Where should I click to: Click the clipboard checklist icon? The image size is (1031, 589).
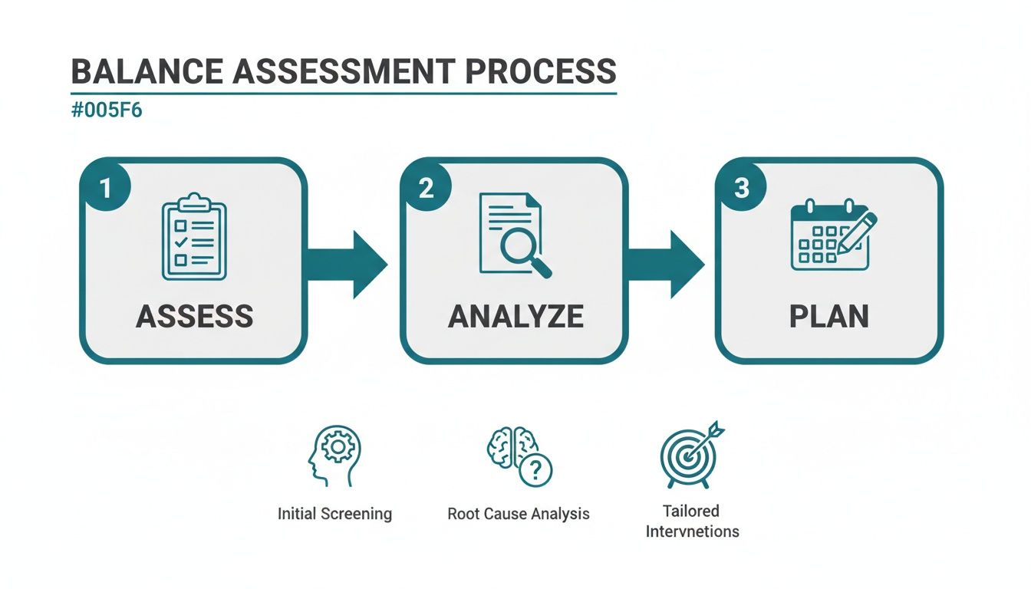194,238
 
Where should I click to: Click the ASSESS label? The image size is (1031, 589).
194,317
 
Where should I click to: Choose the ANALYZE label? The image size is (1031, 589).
515,317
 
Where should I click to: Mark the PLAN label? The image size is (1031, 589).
829,317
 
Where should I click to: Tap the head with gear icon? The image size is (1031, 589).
334,455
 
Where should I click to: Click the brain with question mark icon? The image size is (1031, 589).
519,456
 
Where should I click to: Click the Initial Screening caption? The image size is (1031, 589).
334,514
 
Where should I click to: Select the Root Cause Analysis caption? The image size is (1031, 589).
519,514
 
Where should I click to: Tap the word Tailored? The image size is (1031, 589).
692,511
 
